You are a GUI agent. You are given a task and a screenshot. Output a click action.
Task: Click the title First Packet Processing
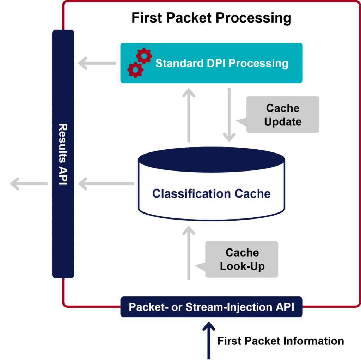click(211, 18)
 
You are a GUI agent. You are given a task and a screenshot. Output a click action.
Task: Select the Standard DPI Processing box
click(212, 63)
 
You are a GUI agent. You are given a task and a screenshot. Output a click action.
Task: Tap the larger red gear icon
click(144, 56)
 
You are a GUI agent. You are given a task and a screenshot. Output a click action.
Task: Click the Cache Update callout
click(282, 115)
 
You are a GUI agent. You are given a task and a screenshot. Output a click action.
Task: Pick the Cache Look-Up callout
click(242, 259)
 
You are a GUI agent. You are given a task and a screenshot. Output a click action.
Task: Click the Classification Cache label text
click(211, 193)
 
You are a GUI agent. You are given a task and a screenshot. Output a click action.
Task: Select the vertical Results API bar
click(63, 154)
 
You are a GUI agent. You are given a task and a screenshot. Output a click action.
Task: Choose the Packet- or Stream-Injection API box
click(211, 307)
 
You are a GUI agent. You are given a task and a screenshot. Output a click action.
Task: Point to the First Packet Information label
click(281, 341)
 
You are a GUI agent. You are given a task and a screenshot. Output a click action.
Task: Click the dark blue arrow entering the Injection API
click(209, 339)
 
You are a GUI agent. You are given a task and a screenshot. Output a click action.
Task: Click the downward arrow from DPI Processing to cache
click(229, 115)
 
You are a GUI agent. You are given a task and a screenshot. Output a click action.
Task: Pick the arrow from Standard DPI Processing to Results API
click(97, 64)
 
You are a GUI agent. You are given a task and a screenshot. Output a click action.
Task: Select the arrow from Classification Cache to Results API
click(106, 184)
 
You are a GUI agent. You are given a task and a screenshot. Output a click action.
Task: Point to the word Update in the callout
click(282, 122)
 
